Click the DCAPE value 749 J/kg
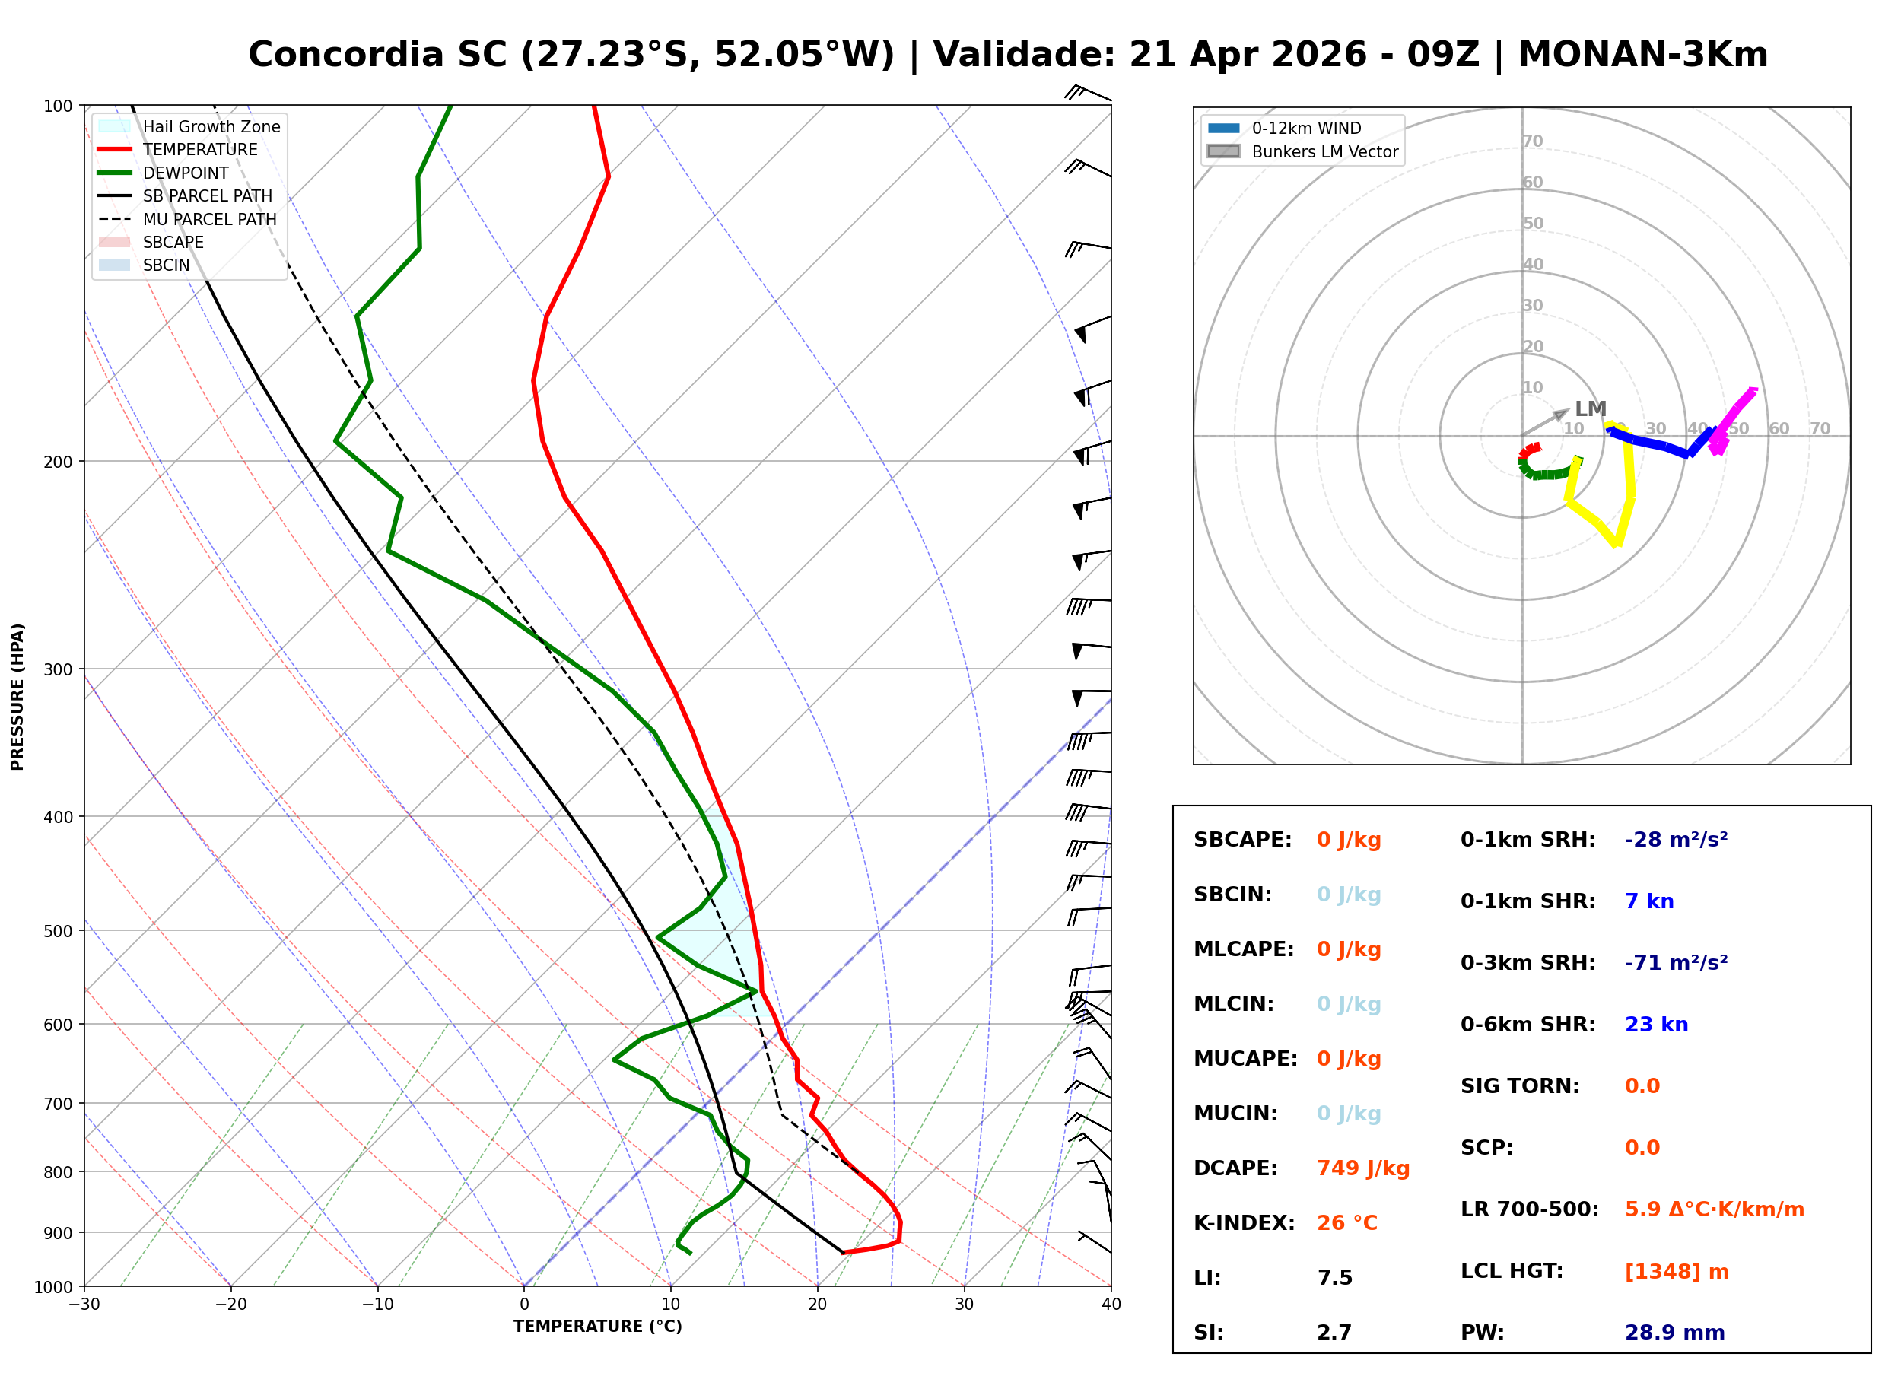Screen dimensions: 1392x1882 pos(1362,1168)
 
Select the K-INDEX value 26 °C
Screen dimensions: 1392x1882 pos(1346,1222)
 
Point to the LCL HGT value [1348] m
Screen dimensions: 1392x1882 pos(1676,1272)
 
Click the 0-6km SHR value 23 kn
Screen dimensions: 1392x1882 pos(1655,1025)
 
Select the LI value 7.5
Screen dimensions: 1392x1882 pos(1334,1277)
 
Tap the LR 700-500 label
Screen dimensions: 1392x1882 pos(1528,1209)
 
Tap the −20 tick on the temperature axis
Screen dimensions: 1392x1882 pos(230,1305)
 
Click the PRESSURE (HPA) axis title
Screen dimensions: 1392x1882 pos(17,696)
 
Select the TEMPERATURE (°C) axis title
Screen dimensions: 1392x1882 pos(597,1327)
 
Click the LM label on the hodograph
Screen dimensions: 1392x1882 pos(1590,408)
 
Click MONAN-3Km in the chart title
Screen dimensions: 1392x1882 pos(1642,55)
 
